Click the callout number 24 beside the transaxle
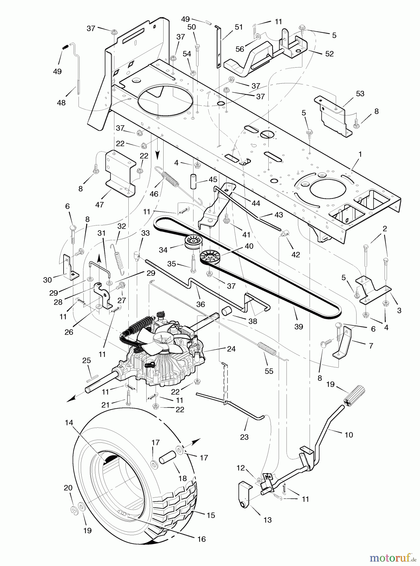click(231, 348)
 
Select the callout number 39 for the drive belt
click(299, 327)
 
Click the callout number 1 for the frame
click(360, 154)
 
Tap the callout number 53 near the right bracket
click(360, 93)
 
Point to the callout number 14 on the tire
click(69, 423)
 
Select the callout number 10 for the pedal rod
click(349, 435)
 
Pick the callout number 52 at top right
click(329, 54)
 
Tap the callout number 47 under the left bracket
click(99, 205)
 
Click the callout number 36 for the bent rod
click(200, 304)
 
